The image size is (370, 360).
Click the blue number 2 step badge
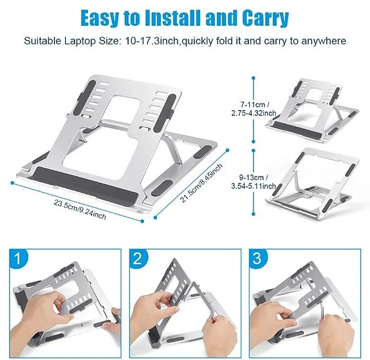tap(136, 260)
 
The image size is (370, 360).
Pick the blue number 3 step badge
tap(258, 260)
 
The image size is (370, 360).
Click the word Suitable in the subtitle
tap(42, 41)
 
